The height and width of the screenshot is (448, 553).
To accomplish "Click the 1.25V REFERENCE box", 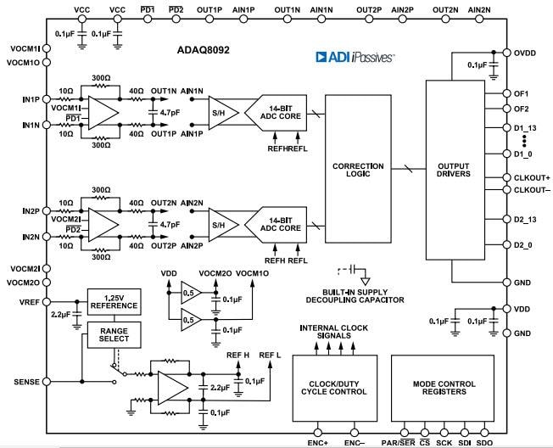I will pos(114,301).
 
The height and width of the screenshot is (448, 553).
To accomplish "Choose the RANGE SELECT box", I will pos(114,335).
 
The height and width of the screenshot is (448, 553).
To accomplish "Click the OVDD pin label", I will pos(525,53).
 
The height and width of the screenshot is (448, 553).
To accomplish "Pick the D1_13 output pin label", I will pos(526,127).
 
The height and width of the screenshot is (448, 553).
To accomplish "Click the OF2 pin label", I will pos(522,109).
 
